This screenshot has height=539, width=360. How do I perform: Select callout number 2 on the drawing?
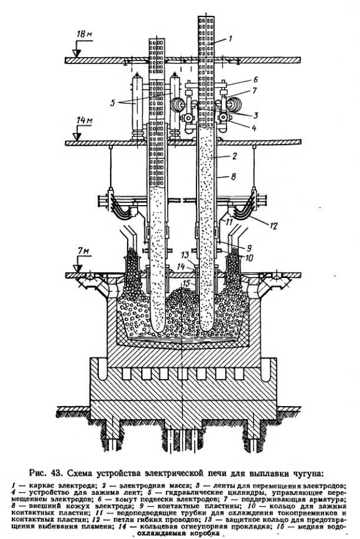click(x=234, y=157)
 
